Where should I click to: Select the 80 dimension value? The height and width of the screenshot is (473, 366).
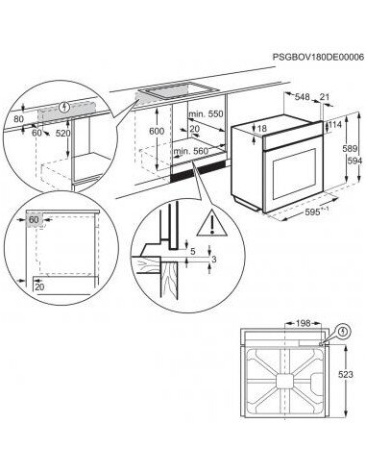coord(18,119)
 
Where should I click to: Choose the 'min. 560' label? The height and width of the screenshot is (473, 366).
coord(191,152)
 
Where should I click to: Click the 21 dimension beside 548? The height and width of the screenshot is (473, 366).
coord(324,97)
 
